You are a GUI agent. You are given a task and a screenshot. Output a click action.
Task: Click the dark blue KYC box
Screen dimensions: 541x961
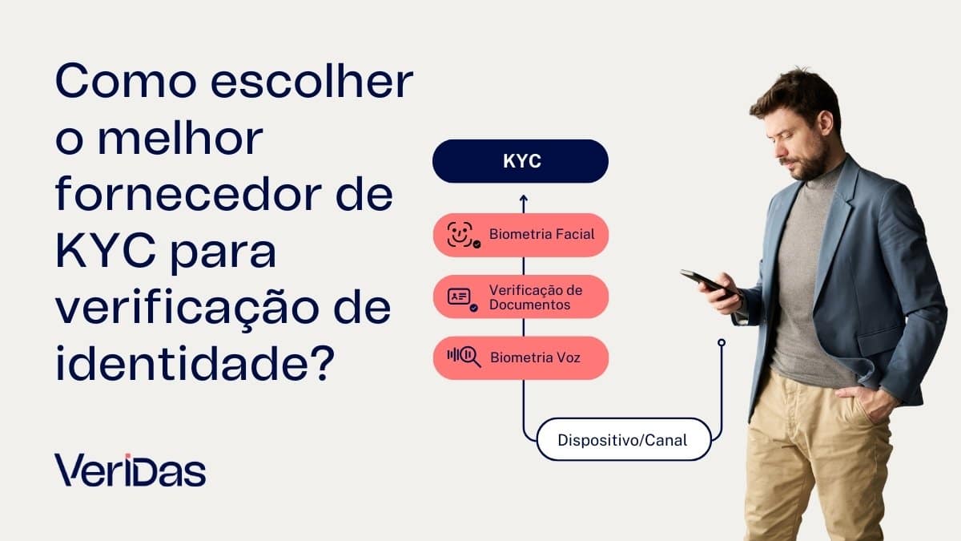pos(521,161)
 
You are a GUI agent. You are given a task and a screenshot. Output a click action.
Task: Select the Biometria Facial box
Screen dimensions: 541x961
pos(521,235)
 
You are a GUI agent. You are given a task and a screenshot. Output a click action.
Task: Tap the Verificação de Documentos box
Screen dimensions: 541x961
pos(521,297)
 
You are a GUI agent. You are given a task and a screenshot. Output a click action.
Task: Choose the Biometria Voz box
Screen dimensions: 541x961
pos(521,357)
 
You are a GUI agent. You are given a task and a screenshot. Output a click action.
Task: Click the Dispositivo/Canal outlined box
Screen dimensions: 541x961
pos(623,439)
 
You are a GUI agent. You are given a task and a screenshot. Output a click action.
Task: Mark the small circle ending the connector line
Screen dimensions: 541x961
pos(722,343)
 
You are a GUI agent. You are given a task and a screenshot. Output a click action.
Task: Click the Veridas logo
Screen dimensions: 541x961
pos(131,470)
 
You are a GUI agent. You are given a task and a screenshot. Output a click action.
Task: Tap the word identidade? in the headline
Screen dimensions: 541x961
pos(195,365)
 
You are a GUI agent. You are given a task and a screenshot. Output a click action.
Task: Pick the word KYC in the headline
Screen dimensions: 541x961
pos(104,252)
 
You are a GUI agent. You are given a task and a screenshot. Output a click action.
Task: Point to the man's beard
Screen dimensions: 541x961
pos(809,164)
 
